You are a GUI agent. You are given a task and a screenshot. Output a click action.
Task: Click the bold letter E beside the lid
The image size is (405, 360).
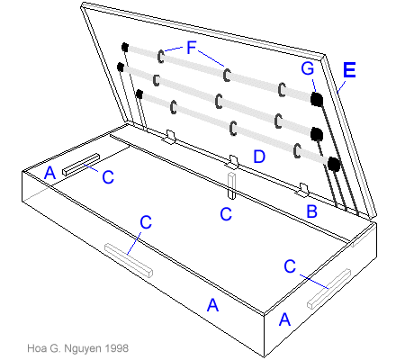pos(350,69)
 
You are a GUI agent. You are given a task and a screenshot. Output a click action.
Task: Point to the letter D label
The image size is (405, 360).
pos(259,157)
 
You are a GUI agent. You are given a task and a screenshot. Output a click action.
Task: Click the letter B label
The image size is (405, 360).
pos(312,212)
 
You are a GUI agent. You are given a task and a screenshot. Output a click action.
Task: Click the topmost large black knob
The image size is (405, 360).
pos(317,98)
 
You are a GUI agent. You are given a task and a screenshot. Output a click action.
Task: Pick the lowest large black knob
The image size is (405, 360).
pos(334,163)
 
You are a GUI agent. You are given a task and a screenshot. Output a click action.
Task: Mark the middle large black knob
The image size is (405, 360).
pos(317,134)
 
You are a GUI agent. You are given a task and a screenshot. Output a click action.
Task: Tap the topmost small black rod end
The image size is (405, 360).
pos(126,48)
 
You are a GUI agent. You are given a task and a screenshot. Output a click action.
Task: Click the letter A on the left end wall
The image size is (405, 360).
pos(50,171)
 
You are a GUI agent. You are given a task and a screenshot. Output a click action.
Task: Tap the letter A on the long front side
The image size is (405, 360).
pos(212,305)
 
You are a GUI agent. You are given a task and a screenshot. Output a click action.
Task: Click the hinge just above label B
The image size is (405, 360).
pos(304,191)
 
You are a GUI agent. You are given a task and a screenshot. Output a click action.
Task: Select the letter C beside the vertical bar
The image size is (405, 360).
pos(227,213)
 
